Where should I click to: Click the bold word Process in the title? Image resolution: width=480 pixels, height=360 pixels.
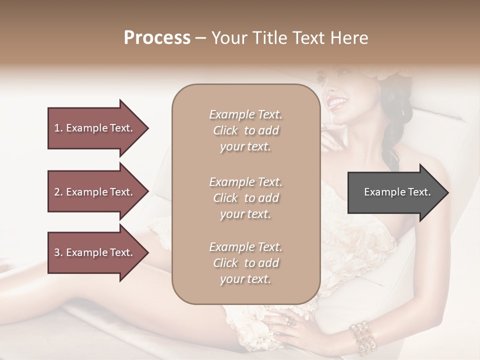pyautogui.click(x=157, y=37)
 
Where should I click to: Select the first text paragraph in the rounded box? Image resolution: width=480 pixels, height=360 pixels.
pyautogui.click(x=245, y=130)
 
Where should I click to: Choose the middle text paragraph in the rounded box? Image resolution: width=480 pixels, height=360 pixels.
pyautogui.click(x=245, y=198)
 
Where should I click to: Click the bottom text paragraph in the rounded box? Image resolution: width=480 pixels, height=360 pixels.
pyautogui.click(x=245, y=263)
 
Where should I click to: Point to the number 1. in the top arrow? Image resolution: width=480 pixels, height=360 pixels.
pyautogui.click(x=58, y=128)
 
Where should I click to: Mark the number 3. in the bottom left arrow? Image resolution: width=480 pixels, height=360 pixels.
pyautogui.click(x=58, y=252)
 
